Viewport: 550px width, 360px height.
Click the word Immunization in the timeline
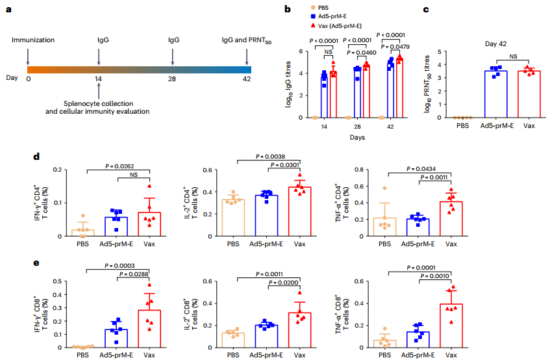tap(32, 40)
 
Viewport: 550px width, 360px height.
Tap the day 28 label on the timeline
tap(173, 79)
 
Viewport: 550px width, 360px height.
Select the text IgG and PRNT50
tap(247, 40)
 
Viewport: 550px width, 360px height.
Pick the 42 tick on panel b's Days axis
tap(391, 127)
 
